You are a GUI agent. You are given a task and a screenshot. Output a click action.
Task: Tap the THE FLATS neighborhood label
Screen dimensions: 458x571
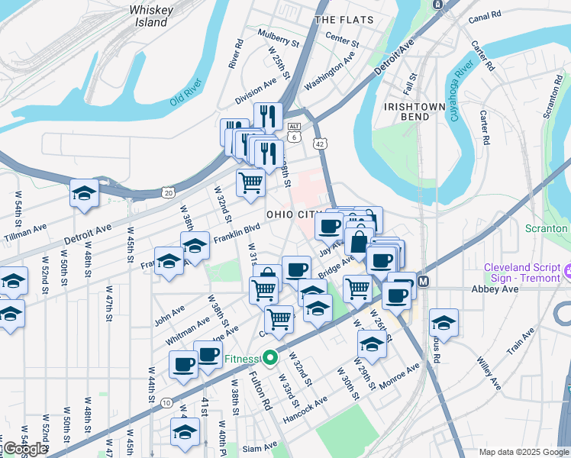(x=344, y=19)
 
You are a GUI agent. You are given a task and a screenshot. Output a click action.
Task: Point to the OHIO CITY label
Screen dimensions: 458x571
(x=289, y=214)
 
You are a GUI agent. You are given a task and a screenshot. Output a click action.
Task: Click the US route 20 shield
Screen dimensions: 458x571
(x=168, y=192)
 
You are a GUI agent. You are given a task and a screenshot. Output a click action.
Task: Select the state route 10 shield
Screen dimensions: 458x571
(x=166, y=402)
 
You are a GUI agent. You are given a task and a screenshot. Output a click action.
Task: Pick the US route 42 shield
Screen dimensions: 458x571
(x=320, y=143)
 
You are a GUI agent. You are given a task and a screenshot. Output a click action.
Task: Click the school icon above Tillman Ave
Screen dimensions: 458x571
(x=85, y=194)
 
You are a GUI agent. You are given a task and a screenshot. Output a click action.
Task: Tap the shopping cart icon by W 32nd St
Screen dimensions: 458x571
(x=250, y=183)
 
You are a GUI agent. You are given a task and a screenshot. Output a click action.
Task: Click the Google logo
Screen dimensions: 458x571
(x=25, y=449)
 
